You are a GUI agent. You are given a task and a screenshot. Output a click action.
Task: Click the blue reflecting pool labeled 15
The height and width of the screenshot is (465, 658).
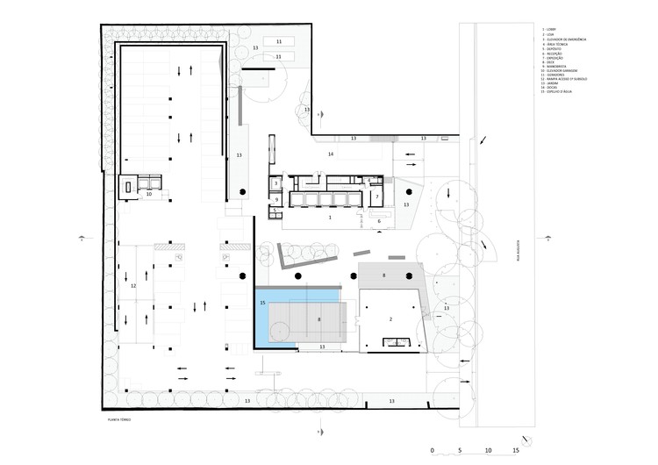coord(262,318)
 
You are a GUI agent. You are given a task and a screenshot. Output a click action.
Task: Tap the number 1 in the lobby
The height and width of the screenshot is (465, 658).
coord(330,215)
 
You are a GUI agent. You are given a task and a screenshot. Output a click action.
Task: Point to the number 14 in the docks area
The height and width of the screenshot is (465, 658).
coord(331,154)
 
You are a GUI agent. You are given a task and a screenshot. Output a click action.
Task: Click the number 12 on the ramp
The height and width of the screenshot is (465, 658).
coord(133,286)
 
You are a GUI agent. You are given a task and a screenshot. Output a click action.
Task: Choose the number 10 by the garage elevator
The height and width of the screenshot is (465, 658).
coord(149,195)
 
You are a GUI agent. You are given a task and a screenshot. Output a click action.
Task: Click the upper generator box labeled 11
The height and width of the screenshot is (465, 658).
coord(279,41)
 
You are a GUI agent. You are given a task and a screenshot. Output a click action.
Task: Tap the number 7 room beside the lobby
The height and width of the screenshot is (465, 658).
coord(376,197)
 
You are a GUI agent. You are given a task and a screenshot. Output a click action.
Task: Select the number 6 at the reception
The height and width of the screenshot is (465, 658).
coord(378,221)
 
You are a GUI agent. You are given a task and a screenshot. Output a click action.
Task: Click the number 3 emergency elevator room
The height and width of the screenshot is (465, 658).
coord(275,183)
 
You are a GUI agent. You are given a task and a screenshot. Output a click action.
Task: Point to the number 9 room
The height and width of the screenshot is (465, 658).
coord(276,200)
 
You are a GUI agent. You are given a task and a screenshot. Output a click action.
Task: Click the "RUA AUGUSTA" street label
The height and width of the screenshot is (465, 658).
coord(518,251)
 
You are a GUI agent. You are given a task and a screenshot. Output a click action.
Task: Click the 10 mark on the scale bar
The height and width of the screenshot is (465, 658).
coord(489,451)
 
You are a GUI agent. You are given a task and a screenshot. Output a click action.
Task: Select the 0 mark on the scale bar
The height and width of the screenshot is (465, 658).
coord(433,451)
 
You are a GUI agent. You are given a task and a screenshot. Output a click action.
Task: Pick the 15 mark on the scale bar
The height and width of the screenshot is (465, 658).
coord(516,451)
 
